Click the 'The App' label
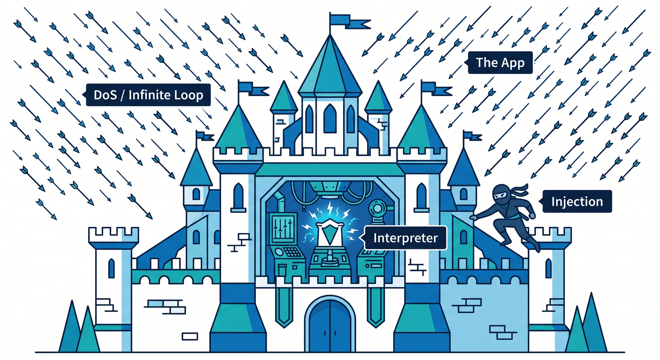tap(500, 63)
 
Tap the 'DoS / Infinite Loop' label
tap(148, 95)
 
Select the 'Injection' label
tap(577, 202)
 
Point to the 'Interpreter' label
tap(405, 238)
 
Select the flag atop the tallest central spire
tap(349, 21)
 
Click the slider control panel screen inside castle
tap(283, 227)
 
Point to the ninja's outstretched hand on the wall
tap(473, 217)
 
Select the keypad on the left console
tap(292, 252)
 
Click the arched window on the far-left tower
tap(112, 269)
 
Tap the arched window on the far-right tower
tap(548, 269)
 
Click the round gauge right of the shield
tap(377, 208)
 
